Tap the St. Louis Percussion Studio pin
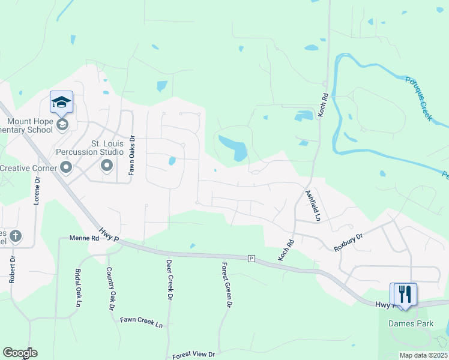click(107, 166)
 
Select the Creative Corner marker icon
click(66, 167)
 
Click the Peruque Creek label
click(418, 98)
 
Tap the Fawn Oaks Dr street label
click(131, 155)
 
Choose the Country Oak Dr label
click(110, 289)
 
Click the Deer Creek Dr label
click(170, 280)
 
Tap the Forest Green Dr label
click(226, 285)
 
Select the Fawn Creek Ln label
click(142, 322)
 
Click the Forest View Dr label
click(193, 355)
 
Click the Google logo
click(20, 353)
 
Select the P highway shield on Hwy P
click(252, 258)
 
